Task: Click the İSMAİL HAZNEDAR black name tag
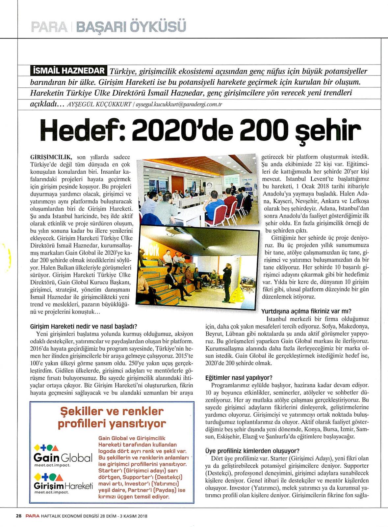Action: [68, 71]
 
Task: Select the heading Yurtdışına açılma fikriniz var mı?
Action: [306, 311]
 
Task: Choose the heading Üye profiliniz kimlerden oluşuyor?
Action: [252, 451]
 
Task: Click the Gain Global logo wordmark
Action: [63, 458]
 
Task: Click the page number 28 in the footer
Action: [18, 516]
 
